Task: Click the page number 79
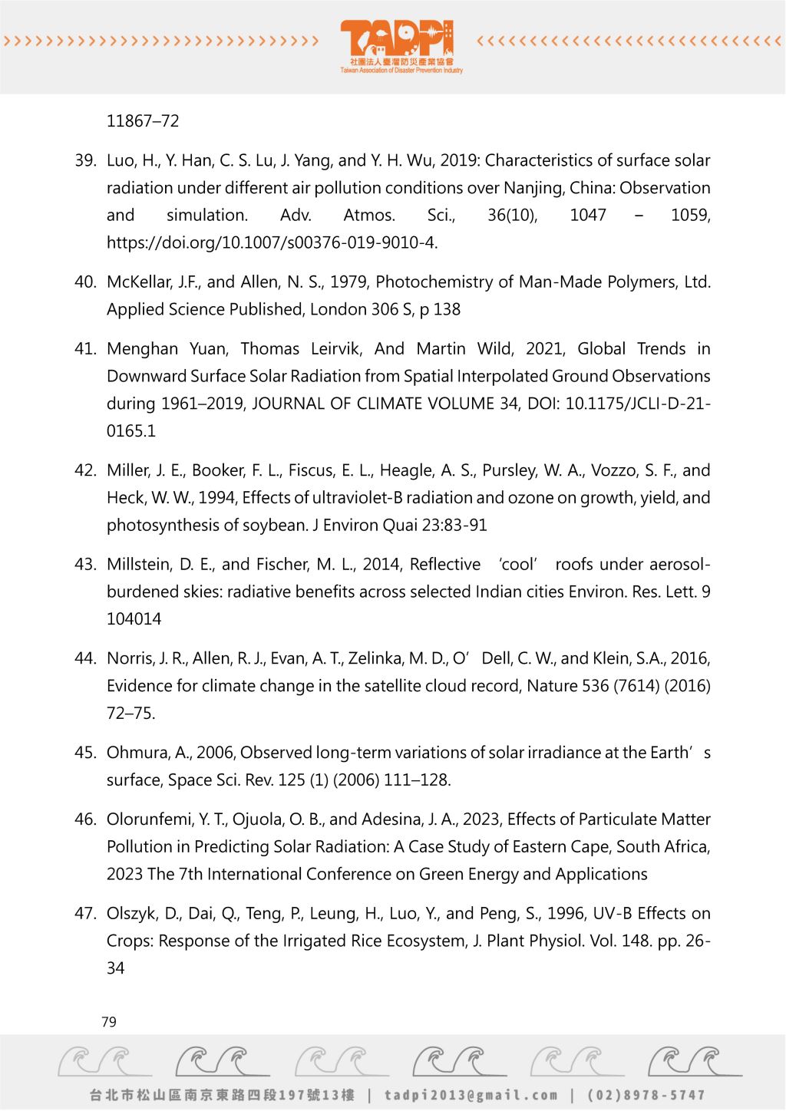pos(109,1022)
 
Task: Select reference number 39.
pos(85,160)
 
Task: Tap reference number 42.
pos(85,470)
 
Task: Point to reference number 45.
pos(85,753)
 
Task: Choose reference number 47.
pos(85,914)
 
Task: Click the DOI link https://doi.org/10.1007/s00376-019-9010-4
pos(272,243)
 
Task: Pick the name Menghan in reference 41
pos(142,349)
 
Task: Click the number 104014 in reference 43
pos(134,619)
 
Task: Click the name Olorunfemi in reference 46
pos(149,819)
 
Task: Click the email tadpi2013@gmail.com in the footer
pos(471,1095)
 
